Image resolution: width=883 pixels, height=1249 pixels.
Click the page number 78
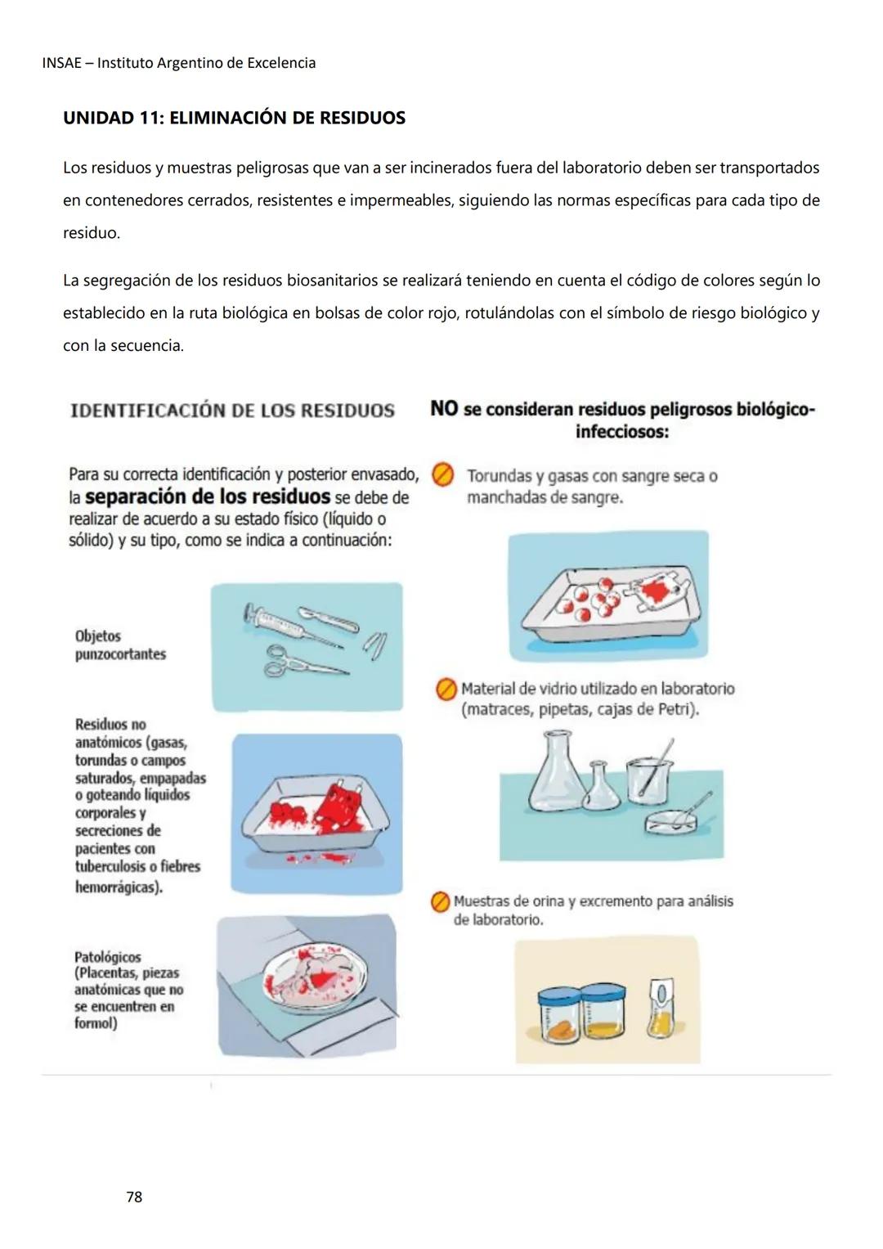[134, 1197]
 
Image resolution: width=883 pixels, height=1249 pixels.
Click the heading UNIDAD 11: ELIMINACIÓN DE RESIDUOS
[234, 118]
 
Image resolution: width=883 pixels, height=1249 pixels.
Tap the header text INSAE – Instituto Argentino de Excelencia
[178, 63]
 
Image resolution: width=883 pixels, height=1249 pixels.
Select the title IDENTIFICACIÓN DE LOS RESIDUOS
[232, 411]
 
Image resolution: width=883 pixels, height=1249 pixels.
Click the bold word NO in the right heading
[444, 409]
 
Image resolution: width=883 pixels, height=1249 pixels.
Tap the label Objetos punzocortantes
[120, 645]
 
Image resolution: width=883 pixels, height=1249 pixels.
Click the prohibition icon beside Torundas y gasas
[442, 475]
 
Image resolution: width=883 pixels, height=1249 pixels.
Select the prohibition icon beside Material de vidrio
[446, 690]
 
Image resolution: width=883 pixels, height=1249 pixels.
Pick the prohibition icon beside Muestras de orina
[440, 902]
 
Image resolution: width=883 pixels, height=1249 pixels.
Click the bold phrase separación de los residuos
[207, 497]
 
